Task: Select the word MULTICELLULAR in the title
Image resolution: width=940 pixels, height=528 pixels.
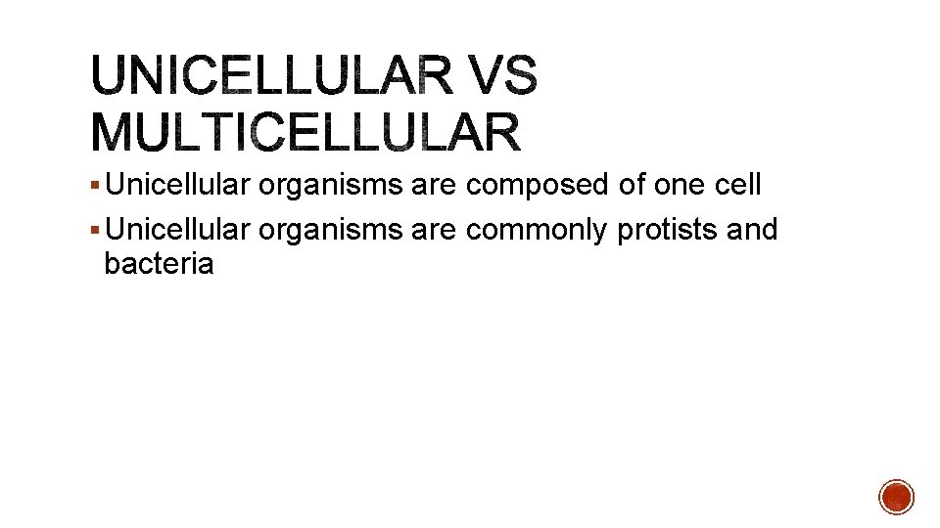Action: point(306,133)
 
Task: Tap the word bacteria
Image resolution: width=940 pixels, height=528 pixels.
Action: point(158,264)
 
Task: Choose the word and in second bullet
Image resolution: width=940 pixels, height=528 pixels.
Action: point(753,231)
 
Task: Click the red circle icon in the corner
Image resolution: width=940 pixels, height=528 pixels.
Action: point(896,497)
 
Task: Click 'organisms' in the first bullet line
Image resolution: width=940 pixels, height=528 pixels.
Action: point(330,186)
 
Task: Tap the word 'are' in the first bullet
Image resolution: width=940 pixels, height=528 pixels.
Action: point(434,186)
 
